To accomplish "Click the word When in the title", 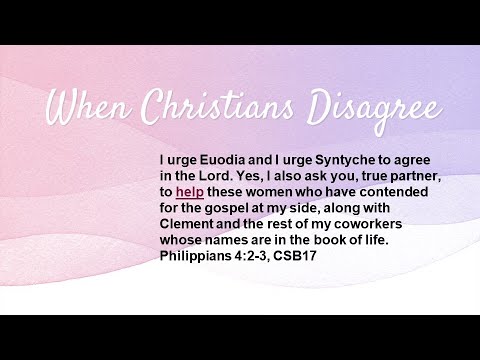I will point(89,106).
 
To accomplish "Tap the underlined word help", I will point(189,192).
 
